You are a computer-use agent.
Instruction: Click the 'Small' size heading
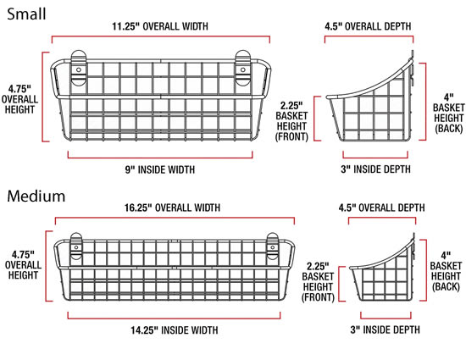[26, 14]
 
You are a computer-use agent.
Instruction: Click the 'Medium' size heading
[36, 197]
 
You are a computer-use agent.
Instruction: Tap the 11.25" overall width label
[160, 26]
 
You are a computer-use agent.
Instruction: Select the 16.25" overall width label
[172, 208]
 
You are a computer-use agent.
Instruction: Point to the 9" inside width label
[160, 169]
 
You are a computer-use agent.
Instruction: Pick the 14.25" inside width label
[175, 330]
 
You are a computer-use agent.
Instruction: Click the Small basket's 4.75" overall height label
[19, 99]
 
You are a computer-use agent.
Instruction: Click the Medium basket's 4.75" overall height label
[23, 265]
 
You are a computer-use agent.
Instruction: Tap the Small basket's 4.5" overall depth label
[368, 26]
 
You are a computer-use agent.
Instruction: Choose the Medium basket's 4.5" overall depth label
[381, 208]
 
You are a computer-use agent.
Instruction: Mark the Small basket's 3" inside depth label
[376, 169]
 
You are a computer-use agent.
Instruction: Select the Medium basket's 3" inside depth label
[386, 330]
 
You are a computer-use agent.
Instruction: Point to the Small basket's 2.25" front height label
[291, 121]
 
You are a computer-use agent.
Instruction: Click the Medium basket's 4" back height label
[446, 271]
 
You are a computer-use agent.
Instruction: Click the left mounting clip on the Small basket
[79, 68]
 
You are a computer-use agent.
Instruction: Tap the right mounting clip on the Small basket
[243, 68]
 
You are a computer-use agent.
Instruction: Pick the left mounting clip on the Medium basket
[76, 246]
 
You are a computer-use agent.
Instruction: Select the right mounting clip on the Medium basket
[273, 246]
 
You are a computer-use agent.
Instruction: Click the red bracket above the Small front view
[161, 36]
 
